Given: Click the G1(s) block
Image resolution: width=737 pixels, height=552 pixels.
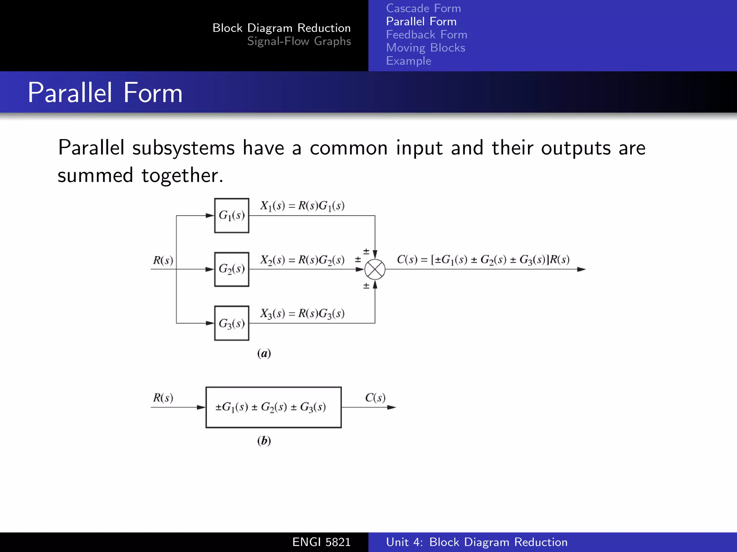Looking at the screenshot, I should point(232,216).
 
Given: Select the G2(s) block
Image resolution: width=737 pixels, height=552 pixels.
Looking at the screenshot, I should point(232,269).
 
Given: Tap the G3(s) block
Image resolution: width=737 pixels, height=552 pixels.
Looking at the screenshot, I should point(232,323).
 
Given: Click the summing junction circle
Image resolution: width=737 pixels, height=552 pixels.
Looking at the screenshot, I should point(375,270).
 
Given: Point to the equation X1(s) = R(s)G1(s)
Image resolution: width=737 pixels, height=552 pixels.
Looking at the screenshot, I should point(302,206).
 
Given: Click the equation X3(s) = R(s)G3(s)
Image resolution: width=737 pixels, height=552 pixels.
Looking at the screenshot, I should point(302,314).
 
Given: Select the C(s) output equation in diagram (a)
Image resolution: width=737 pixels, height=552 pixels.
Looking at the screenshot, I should point(483,259).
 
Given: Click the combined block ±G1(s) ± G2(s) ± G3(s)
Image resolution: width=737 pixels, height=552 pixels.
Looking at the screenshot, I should point(273,407).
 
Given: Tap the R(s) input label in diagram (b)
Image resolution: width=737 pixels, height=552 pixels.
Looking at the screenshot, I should point(163,398).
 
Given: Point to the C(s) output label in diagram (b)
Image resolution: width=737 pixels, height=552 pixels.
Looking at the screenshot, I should point(375,398).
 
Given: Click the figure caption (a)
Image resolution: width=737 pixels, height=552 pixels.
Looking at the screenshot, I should point(264,353).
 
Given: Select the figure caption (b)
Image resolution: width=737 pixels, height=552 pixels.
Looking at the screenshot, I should point(264,440).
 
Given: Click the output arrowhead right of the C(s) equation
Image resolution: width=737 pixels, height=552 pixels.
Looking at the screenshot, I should point(581,269).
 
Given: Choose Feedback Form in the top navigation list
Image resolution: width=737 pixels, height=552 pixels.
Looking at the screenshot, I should point(426,34).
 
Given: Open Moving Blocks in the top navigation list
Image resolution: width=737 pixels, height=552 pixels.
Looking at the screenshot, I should point(425,48).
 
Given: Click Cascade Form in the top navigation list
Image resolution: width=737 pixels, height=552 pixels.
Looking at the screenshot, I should point(423,8).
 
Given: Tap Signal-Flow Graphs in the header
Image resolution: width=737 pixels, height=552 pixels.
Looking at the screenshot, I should point(299,41).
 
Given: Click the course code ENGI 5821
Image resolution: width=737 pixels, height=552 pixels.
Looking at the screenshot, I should point(321,542).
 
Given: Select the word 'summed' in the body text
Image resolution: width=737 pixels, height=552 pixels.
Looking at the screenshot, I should point(95,175).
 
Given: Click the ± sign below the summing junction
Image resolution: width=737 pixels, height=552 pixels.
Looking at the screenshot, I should point(366,286).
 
